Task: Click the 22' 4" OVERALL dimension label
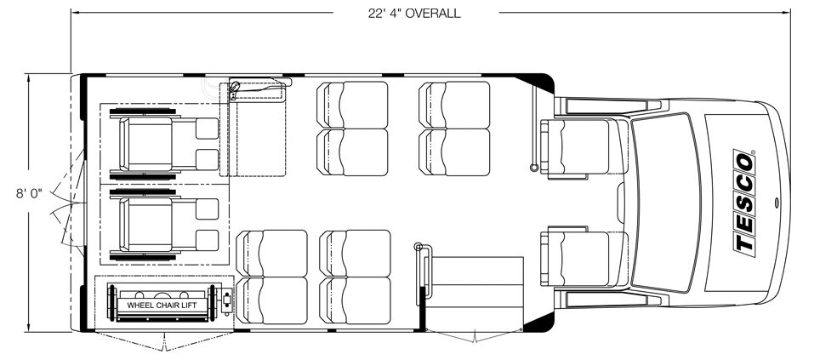[414, 13]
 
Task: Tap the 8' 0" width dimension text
[29, 193]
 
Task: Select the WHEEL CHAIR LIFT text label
[162, 305]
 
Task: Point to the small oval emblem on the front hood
[776, 203]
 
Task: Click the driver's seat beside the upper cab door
[575, 147]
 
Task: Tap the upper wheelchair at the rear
[163, 144]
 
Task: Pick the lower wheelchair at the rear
[163, 225]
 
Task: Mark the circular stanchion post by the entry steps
[418, 247]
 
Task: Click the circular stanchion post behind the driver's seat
[534, 168]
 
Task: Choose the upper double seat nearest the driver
[455, 129]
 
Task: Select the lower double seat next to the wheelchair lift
[272, 277]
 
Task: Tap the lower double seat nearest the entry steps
[355, 277]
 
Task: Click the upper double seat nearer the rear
[353, 129]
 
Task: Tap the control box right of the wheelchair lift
[226, 302]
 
